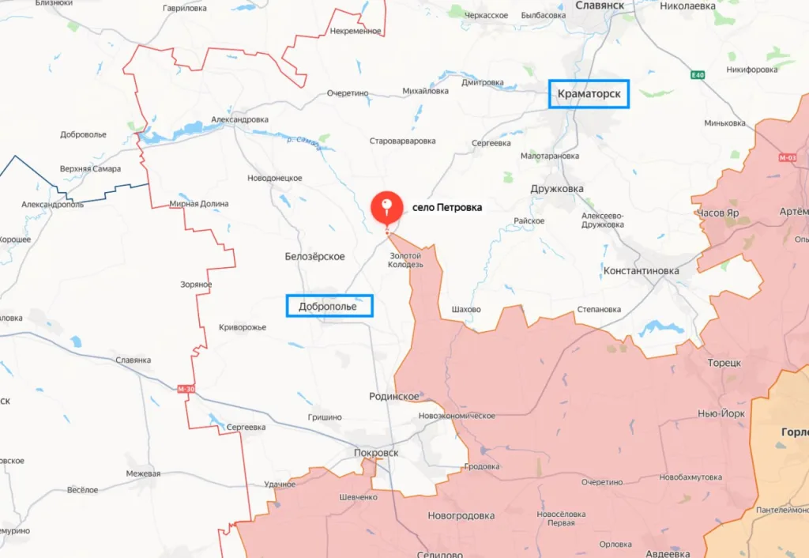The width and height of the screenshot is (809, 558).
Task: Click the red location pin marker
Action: click(386, 209)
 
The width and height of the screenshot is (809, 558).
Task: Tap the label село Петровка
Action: click(446, 208)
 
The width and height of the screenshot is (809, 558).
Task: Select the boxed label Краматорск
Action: click(589, 94)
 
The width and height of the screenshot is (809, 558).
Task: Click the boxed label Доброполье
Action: click(329, 306)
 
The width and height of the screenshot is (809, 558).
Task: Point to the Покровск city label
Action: click(375, 453)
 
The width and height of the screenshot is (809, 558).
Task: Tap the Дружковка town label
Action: click(557, 189)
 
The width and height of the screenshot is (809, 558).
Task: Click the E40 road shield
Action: click(696, 75)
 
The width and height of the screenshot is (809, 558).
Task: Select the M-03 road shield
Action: click(788, 158)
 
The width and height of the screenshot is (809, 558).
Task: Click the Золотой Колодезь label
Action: click(405, 260)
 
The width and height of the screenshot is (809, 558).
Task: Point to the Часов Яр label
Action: click(717, 213)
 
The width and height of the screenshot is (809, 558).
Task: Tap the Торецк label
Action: click(724, 363)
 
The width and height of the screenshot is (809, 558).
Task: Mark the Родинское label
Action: click(393, 396)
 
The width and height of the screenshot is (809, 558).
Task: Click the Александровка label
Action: click(239, 119)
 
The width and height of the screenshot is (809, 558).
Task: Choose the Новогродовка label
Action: click(461, 516)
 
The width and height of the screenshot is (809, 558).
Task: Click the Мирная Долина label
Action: click(199, 204)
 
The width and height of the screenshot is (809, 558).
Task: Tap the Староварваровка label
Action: click(402, 141)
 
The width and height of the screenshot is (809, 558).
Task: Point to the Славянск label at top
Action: click(600, 5)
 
